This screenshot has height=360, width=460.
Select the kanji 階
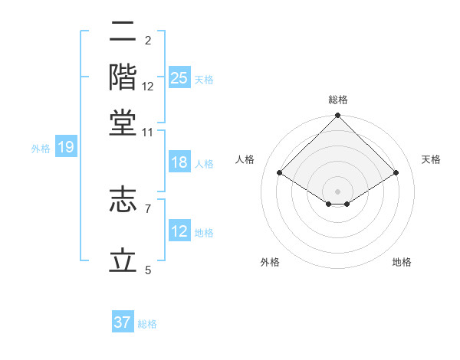click(x=123, y=77)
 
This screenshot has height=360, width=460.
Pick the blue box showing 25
click(x=179, y=77)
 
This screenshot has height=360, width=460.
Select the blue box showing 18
click(x=179, y=162)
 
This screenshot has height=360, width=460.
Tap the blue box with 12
click(x=179, y=231)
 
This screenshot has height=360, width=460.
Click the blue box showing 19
click(x=66, y=147)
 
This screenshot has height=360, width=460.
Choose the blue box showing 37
click(x=123, y=322)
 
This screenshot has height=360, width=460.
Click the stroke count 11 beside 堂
click(x=147, y=133)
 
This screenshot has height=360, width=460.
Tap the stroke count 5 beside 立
click(x=147, y=270)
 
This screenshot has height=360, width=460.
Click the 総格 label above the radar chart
click(x=338, y=100)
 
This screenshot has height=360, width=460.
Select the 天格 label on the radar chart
click(x=431, y=159)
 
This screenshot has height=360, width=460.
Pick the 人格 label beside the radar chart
click(x=245, y=159)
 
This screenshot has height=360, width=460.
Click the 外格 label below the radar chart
click(x=270, y=262)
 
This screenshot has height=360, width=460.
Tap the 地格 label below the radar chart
click(x=402, y=262)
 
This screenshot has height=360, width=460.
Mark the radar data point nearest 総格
click(x=338, y=116)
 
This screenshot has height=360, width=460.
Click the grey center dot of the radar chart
click(x=338, y=191)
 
